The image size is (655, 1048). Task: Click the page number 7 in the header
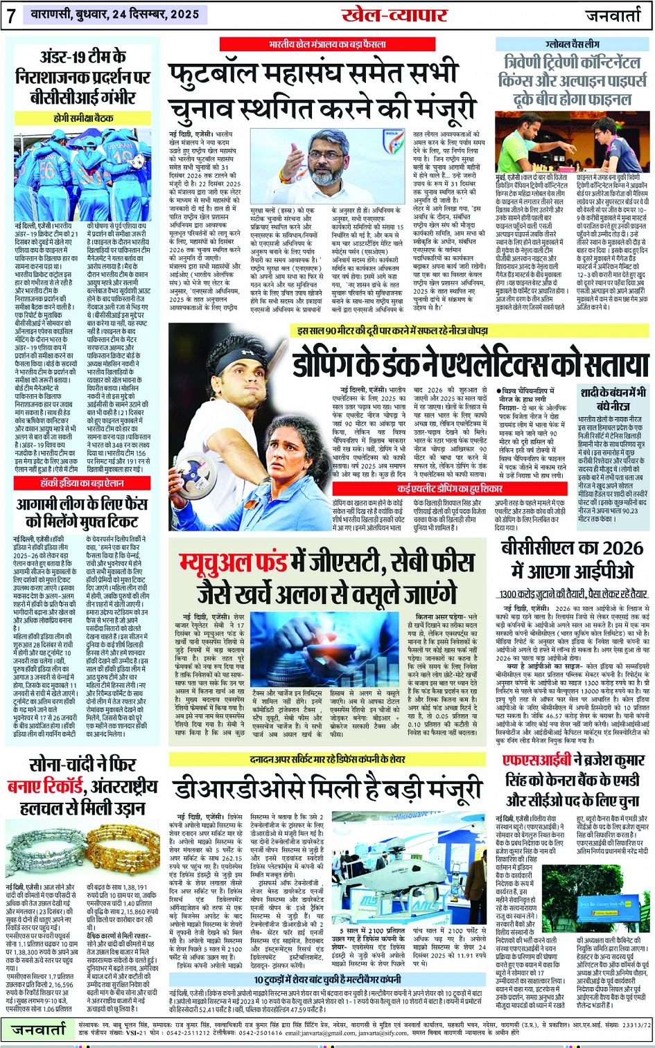[x=10, y=16]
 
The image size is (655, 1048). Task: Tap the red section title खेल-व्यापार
[x=387, y=15]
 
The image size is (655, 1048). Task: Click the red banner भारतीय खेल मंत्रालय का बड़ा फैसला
[x=327, y=44]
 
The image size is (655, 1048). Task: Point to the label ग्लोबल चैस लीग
[x=572, y=43]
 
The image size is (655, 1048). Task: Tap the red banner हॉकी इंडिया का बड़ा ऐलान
[x=82, y=483]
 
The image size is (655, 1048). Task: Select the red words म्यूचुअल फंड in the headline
[x=254, y=564]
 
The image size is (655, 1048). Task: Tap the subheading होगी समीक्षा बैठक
[x=83, y=118]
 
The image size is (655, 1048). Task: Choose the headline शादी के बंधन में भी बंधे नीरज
[x=613, y=400]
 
